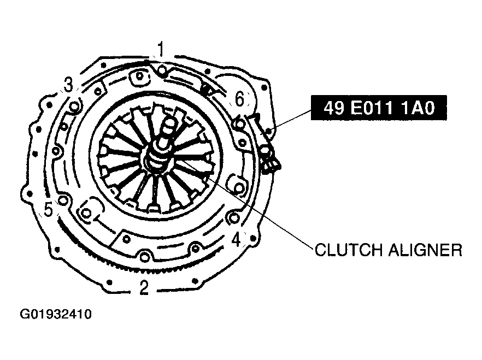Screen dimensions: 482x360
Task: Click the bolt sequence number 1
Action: (x=161, y=50)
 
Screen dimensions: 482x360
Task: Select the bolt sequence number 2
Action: (x=144, y=287)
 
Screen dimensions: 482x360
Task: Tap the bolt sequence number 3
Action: (x=68, y=85)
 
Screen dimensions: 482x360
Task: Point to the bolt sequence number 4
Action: (x=236, y=239)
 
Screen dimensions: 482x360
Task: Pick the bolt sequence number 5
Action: (x=49, y=209)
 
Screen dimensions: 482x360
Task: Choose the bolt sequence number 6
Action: (x=239, y=99)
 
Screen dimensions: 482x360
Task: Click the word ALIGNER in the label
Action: (x=425, y=250)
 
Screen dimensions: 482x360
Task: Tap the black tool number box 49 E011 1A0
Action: (x=379, y=108)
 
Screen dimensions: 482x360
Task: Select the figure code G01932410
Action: (x=56, y=315)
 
